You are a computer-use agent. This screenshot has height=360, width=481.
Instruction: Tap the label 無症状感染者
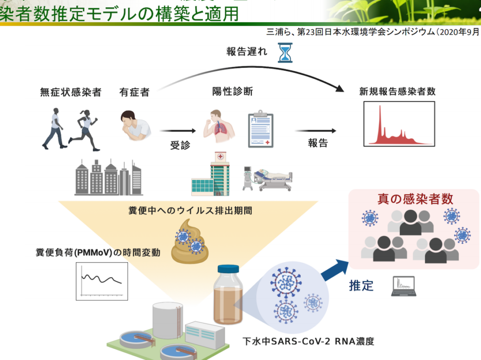[x=71, y=92]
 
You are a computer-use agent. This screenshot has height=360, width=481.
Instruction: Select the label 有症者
[x=134, y=92]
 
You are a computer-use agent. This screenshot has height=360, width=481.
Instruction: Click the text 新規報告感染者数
[x=397, y=92]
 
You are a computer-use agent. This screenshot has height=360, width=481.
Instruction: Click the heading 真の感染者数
[x=416, y=199]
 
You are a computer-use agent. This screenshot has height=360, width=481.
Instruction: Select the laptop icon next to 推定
[x=403, y=286]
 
